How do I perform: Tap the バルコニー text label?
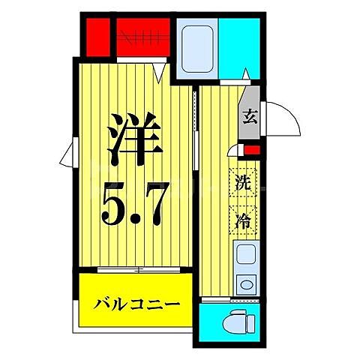pos(137,305)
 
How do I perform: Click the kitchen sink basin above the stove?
pos(245,256)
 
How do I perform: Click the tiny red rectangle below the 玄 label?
pos(253,148)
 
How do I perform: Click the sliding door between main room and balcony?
pos(134,268)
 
